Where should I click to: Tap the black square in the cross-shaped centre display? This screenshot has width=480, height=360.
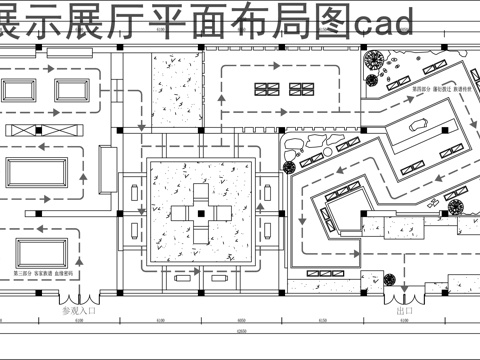[199, 212]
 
